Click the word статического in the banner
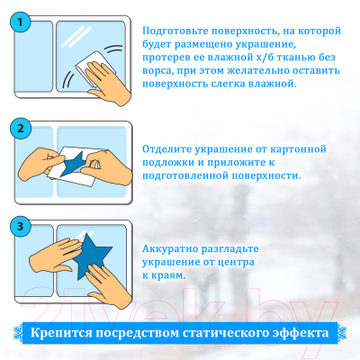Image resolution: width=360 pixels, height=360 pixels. (221, 331)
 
